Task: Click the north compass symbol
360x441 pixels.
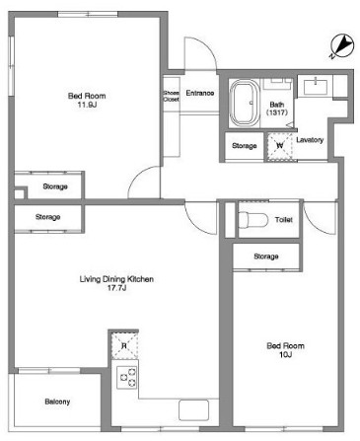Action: pyautogui.click(x=342, y=46)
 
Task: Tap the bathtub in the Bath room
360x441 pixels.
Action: pyautogui.click(x=245, y=103)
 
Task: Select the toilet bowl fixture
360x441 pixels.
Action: pyautogui.click(x=253, y=220)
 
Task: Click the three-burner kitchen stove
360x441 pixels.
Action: pyautogui.click(x=126, y=378)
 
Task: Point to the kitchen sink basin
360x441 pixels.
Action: pyautogui.click(x=194, y=409)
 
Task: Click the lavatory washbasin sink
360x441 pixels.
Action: pyautogui.click(x=316, y=87)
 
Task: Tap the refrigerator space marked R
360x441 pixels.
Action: pyautogui.click(x=124, y=345)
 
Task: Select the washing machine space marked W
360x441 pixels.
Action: pyautogui.click(x=279, y=146)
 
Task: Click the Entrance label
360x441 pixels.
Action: pyautogui.click(x=200, y=93)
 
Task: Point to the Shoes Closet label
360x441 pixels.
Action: pyautogui.click(x=172, y=96)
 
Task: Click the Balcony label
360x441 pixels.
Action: pyautogui.click(x=57, y=402)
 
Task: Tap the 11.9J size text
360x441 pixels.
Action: pyautogui.click(x=87, y=106)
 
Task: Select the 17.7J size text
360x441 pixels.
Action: pyautogui.click(x=116, y=288)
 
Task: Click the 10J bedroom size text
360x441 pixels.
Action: pyautogui.click(x=285, y=354)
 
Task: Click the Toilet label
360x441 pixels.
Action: pyautogui.click(x=284, y=220)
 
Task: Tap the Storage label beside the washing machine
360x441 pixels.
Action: pyautogui.click(x=245, y=145)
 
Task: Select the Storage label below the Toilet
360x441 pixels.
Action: pyautogui.click(x=266, y=257)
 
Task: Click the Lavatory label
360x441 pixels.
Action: pyautogui.click(x=310, y=140)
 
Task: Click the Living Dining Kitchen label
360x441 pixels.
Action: pyautogui.click(x=116, y=279)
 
